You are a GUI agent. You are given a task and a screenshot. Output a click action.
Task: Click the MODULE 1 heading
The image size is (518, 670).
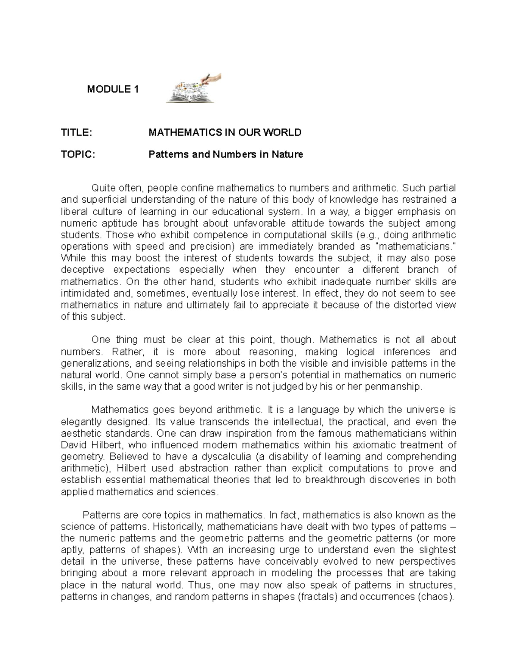point(113,90)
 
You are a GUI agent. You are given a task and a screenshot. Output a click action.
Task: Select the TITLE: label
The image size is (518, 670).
point(76,132)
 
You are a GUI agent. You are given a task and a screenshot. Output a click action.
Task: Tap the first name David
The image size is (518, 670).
point(74,445)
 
